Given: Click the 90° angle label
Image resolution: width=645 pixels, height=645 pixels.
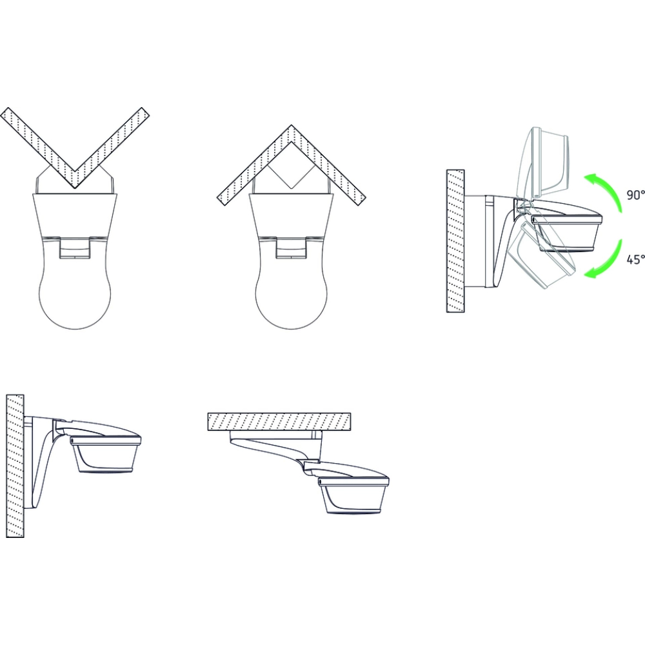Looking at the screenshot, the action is (x=635, y=195).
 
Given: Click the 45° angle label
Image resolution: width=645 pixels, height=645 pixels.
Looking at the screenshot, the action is (x=635, y=259).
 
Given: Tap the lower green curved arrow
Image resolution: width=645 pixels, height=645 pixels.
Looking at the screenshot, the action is (x=607, y=259).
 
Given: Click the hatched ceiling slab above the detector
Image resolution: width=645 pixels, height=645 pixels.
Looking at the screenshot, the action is (x=279, y=421).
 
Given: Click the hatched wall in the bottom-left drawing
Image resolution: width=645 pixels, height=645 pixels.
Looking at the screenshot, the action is (x=15, y=466).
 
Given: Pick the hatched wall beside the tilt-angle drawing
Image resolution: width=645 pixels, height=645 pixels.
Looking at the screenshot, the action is (x=455, y=241).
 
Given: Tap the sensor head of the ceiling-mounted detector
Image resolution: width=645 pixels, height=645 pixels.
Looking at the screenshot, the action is (x=353, y=495).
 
